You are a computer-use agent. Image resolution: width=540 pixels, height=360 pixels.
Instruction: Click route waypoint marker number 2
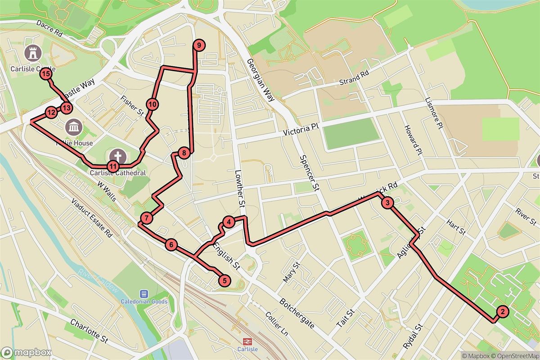point(502,311)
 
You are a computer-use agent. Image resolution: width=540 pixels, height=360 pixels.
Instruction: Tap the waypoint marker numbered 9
point(198,45)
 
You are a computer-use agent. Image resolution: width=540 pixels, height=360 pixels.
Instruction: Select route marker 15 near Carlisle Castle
point(45,74)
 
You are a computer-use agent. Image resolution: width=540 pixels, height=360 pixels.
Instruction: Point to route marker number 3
point(387,203)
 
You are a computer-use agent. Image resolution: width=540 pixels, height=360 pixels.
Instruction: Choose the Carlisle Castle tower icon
point(33,53)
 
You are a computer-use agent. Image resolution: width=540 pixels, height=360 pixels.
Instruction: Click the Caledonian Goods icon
point(144,293)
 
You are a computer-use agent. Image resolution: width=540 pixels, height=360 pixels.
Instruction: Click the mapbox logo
point(26,352)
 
